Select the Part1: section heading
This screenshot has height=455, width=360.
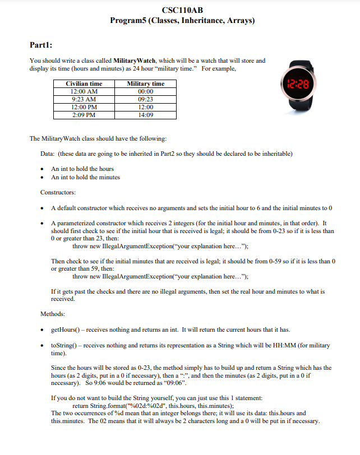click(x=42, y=44)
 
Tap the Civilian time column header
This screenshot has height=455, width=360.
click(x=84, y=83)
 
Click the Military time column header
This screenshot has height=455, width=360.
click(x=146, y=83)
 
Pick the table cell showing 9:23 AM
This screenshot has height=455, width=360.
click(x=84, y=99)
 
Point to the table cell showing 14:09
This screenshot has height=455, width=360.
click(x=146, y=115)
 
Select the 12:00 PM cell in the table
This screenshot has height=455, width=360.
click(x=84, y=107)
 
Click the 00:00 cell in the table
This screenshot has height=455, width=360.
click(x=146, y=91)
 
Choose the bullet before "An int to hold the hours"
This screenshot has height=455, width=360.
click(x=43, y=169)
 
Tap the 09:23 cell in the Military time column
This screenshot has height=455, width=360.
click(x=146, y=99)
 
